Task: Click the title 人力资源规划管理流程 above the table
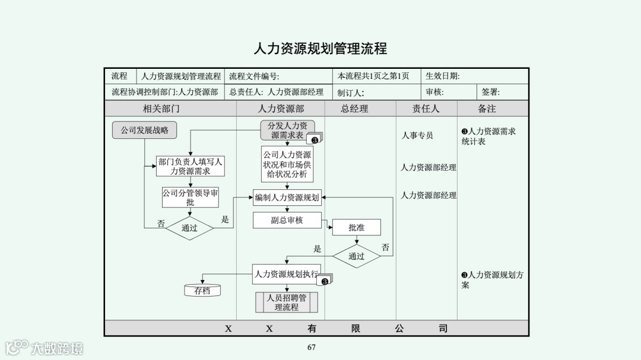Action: [x=320, y=49]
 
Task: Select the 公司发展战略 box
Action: [x=145, y=130]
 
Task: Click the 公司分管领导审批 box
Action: [x=190, y=197]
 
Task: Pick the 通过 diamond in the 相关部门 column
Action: [x=189, y=228]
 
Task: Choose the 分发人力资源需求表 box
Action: [x=287, y=130]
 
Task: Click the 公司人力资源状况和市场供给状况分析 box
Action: [x=287, y=164]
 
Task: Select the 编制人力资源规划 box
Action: [x=287, y=197]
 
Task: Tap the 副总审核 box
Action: [x=287, y=220]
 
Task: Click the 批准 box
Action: [x=356, y=227]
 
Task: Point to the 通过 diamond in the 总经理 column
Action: [x=356, y=256]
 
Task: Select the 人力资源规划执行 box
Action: [x=287, y=274]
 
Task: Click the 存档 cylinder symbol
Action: [x=202, y=291]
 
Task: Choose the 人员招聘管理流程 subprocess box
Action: [x=287, y=302]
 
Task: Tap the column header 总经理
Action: [x=354, y=109]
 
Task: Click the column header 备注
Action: [x=487, y=109]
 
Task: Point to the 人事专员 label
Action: [x=417, y=136]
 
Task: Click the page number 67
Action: [x=312, y=348]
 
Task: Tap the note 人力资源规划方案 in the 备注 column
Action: [x=493, y=280]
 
